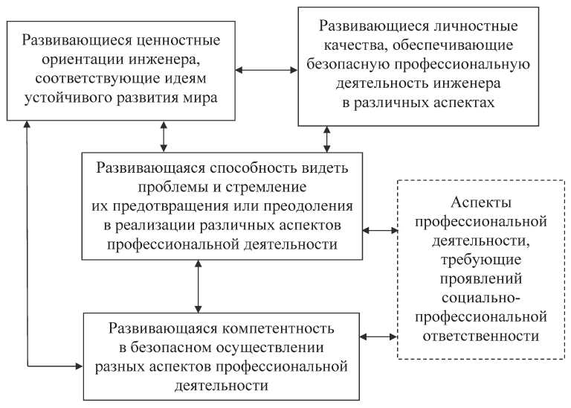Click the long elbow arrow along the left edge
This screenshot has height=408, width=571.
pyautogui.click(x=28, y=246)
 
